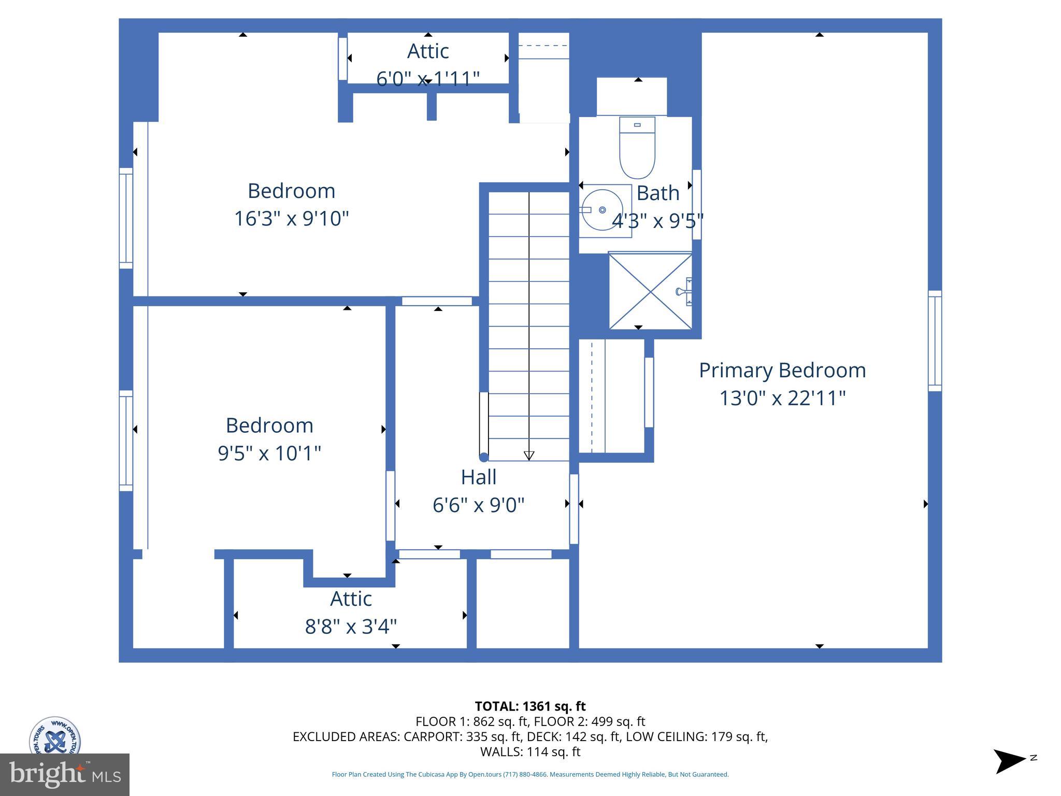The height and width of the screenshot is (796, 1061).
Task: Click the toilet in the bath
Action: pos(637,149)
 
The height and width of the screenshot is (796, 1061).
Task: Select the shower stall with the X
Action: pos(650,291)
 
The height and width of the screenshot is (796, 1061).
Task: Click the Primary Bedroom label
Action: pos(782,371)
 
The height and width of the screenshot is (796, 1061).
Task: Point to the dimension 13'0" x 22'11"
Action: pos(782,399)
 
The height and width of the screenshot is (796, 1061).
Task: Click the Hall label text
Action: pos(479,477)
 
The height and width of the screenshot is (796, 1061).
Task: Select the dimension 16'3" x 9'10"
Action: pos(291,219)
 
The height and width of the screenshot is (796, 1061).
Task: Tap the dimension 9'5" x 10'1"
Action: pos(269,453)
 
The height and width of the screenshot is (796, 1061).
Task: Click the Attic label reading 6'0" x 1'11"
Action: pos(428,51)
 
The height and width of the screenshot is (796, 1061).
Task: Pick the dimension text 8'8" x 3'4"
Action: pos(351,627)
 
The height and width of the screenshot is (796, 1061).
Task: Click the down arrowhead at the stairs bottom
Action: pos(529,456)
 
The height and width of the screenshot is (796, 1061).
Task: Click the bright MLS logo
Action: pos(65,775)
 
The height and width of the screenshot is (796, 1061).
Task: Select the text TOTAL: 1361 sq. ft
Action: pos(530,706)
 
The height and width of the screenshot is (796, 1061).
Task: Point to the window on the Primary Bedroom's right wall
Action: pos(935,341)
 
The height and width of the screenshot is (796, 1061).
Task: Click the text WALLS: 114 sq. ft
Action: pos(530,751)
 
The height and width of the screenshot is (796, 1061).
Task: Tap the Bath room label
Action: pos(657,193)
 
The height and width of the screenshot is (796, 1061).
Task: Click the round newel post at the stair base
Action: pos(484,457)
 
